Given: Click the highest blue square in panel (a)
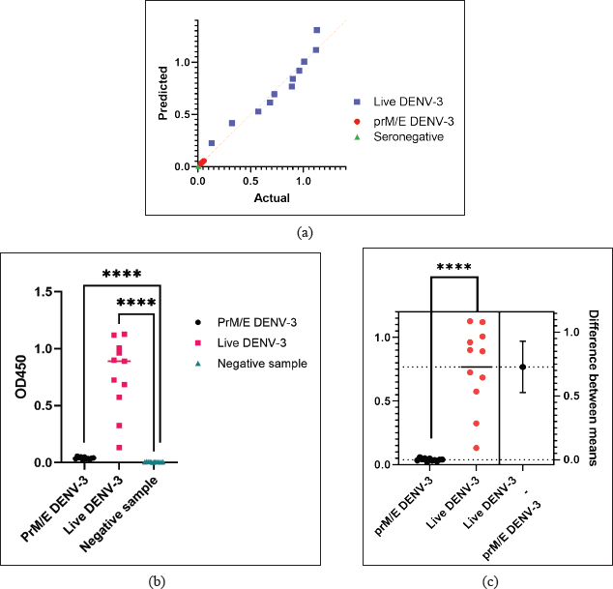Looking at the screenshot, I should tap(316, 31).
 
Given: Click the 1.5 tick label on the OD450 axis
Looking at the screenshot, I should tap(44, 291).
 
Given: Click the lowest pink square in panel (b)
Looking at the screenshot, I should tap(120, 447).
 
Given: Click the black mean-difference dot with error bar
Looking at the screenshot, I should tap(523, 367).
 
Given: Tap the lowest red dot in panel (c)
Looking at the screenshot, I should tap(477, 448).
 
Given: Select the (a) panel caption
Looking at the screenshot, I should tap(306, 232).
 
